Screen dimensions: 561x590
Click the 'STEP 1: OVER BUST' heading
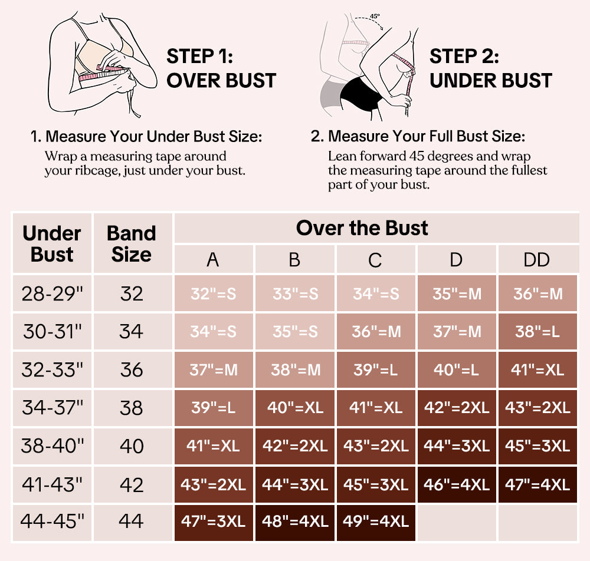(221, 69)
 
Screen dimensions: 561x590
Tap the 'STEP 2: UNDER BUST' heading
(490, 69)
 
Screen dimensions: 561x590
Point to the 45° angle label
(375, 16)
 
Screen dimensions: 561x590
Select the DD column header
(537, 259)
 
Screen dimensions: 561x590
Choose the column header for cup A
(213, 259)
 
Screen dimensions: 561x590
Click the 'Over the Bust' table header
(362, 228)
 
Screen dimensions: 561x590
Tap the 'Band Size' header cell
(131, 243)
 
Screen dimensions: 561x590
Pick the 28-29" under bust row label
(52, 293)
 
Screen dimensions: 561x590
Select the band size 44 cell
(131, 522)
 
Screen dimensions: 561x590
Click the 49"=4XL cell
(375, 522)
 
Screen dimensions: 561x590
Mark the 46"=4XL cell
(456, 484)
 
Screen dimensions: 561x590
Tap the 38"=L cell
(537, 332)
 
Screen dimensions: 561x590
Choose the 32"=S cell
(213, 293)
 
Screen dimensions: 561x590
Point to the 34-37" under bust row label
(52, 408)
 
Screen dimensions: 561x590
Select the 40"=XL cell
(294, 408)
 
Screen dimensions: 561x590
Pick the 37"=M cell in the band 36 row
(213, 370)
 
